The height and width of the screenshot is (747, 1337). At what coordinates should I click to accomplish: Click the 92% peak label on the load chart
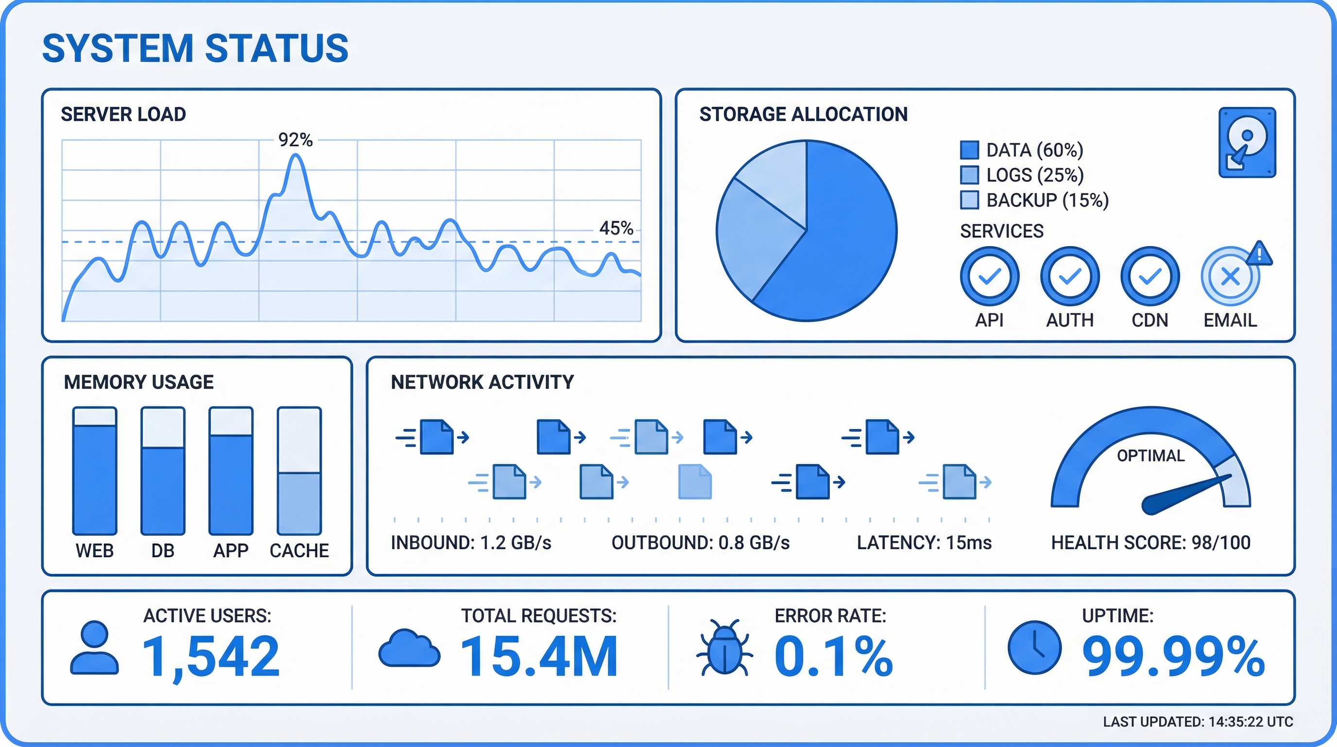295,140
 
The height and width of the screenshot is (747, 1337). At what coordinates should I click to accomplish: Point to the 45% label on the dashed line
616,228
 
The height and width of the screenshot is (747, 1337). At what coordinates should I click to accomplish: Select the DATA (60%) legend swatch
970,150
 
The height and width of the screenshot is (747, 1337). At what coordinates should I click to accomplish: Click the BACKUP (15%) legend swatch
970,200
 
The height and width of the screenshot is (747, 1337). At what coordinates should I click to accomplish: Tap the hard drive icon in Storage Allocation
1247,142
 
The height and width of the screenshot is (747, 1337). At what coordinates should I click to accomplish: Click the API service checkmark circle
990,276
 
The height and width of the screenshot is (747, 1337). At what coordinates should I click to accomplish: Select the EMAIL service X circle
1231,276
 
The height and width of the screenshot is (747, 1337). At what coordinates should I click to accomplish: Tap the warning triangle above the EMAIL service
1259,254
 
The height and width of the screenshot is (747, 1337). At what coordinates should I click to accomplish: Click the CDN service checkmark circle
1150,276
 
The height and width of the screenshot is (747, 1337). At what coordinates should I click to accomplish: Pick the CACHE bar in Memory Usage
299,471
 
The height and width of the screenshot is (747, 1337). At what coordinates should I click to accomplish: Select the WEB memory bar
94,471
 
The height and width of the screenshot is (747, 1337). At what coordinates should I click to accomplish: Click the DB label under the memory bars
162,551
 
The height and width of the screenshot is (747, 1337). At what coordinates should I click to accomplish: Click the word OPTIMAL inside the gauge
1150,456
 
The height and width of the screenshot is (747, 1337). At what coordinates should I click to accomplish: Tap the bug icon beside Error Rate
724,647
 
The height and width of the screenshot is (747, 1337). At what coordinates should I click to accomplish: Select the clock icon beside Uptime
1034,647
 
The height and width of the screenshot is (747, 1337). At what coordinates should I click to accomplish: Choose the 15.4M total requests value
539,657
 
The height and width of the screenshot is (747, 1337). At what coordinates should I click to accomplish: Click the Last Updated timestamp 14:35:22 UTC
1251,722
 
